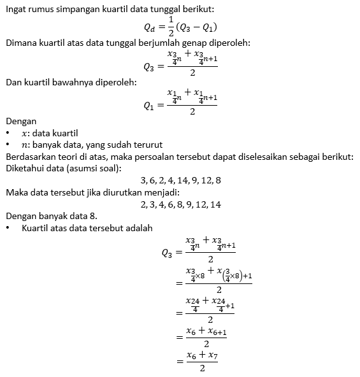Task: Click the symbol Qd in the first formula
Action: click(150, 27)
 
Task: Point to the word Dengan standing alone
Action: click(21, 121)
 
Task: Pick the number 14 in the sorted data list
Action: click(215, 204)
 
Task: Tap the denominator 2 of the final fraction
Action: click(201, 368)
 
